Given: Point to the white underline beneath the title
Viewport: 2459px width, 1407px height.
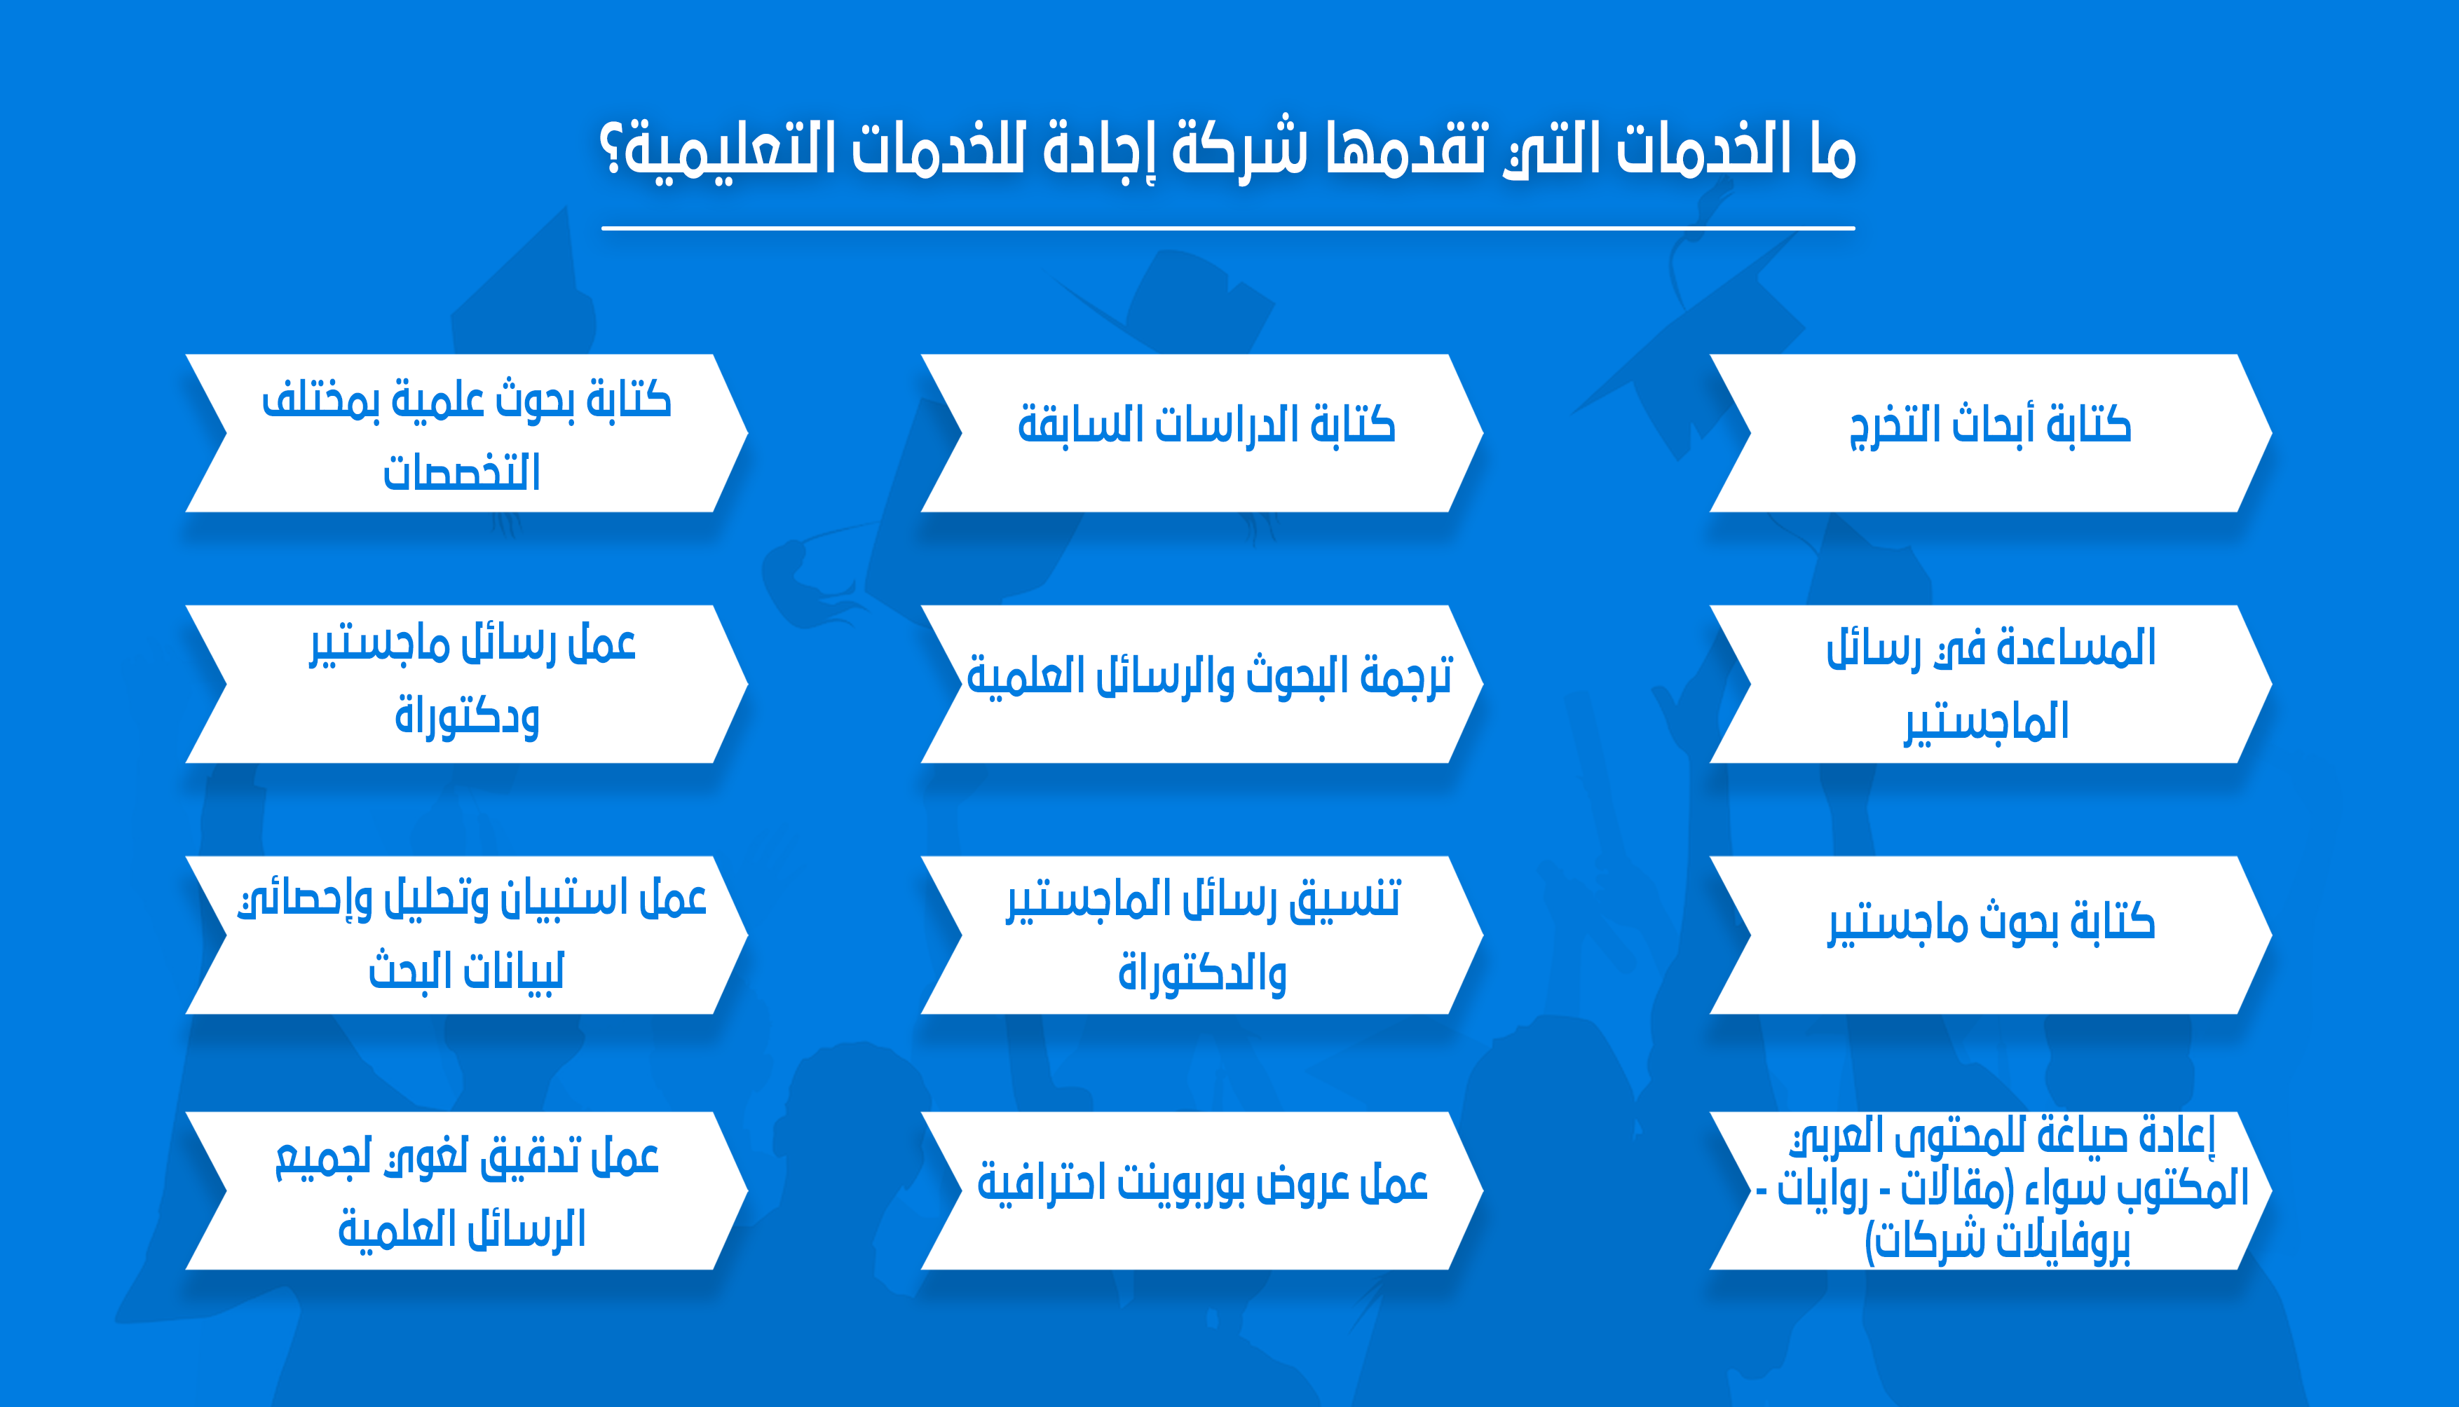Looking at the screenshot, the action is [x=1227, y=228].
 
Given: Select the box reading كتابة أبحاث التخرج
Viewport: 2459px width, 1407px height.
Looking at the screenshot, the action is [x=1990, y=433].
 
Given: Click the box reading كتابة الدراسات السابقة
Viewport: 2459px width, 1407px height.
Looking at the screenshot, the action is [x=1201, y=433].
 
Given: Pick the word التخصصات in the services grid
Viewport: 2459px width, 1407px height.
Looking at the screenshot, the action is [x=461, y=472].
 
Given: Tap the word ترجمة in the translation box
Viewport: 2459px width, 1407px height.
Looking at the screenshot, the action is [x=1406, y=675].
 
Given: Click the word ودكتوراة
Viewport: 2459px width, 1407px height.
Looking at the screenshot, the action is [x=467, y=716].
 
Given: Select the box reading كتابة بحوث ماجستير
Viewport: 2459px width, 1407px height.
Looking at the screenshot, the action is [x=1990, y=935].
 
